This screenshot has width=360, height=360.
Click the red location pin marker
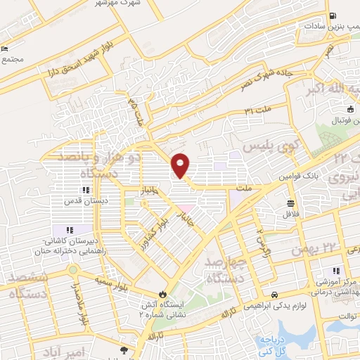click(181, 165)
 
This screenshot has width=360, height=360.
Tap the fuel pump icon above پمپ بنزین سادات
click(333, 15)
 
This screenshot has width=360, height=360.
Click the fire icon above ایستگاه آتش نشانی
click(162, 295)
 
